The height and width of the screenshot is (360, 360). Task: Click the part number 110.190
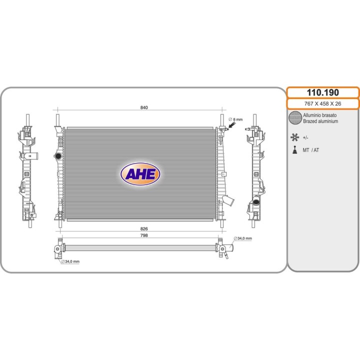(323, 92)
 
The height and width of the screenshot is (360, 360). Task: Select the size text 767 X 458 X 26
(322, 104)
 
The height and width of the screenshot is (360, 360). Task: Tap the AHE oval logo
(140, 174)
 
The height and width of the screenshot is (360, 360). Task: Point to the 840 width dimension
(144, 107)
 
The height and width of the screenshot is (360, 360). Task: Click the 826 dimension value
(144, 228)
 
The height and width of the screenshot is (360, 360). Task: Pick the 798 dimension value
(144, 235)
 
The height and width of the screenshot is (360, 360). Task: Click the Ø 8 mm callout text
(235, 119)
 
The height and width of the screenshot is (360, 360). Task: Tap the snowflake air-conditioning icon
(294, 137)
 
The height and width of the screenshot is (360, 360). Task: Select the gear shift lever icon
(295, 149)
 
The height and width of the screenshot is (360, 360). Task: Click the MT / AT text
(311, 150)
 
